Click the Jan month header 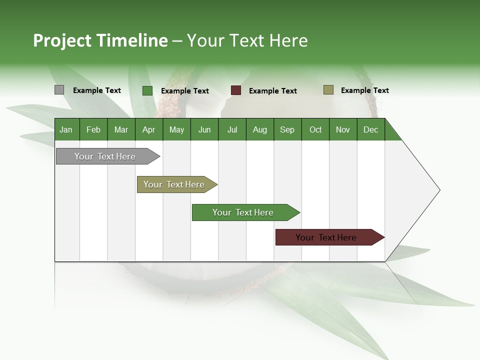66,129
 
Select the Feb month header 93,129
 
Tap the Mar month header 121,129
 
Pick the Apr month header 148,129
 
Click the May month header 176,129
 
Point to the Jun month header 204,129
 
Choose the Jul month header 232,129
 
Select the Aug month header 260,129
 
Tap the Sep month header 287,129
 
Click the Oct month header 315,129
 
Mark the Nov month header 343,129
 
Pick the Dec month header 371,129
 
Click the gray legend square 59,90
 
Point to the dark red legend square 236,90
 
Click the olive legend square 328,90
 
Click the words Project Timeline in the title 100,40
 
